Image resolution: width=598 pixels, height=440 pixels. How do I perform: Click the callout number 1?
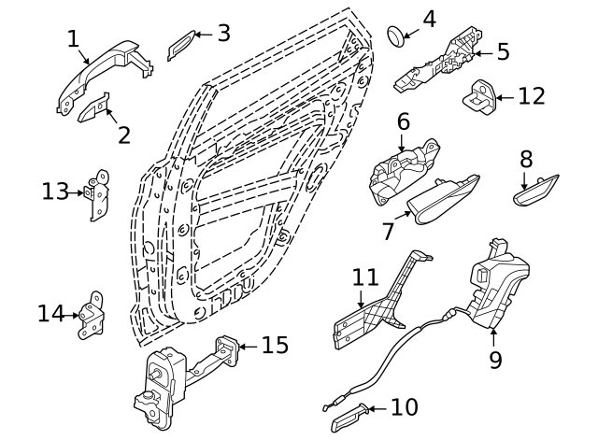[x=74, y=38]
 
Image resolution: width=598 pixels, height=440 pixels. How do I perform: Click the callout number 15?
[x=274, y=346]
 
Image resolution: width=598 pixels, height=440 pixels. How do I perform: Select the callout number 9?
[x=495, y=359]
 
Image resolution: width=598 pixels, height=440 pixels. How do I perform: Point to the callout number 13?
[x=55, y=192]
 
